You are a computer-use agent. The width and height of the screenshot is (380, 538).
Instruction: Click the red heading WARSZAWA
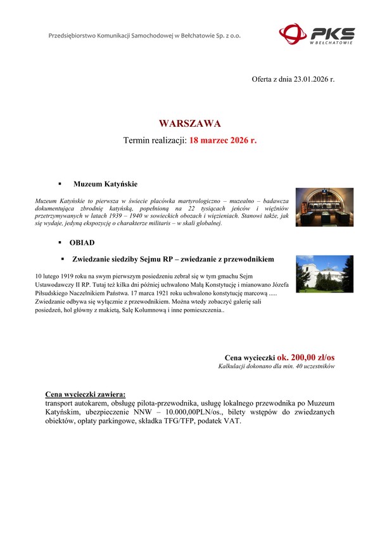coord(190,122)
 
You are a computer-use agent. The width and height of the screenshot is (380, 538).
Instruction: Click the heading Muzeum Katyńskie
coord(105,184)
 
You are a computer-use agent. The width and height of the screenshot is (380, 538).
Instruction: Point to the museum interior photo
coord(324,207)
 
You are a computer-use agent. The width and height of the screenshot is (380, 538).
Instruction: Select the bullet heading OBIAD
coord(82,242)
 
